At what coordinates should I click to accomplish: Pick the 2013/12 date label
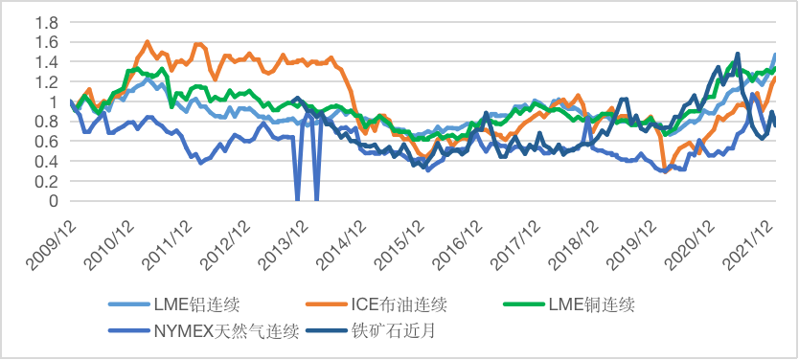288,237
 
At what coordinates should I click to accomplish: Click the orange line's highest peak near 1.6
147,42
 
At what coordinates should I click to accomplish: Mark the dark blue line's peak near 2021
737,54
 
